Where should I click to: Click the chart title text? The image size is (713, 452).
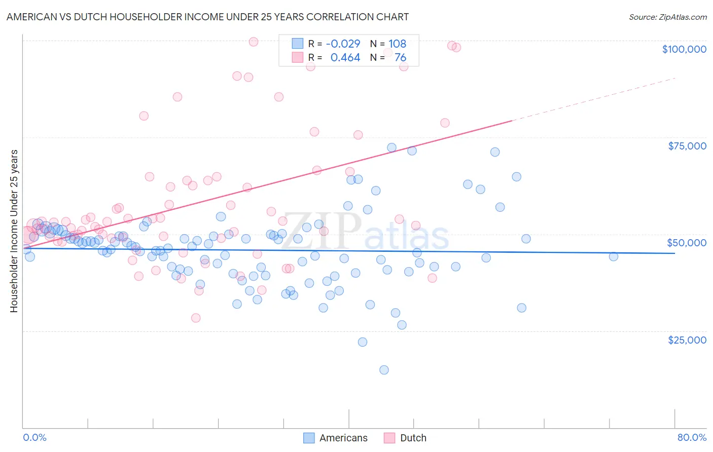coord(207,17)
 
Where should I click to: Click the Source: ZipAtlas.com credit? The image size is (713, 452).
coord(667,17)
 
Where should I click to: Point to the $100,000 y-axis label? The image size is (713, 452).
coord(684,49)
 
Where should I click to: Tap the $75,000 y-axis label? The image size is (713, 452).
coord(687,146)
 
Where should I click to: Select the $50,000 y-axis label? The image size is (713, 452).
coord(687,243)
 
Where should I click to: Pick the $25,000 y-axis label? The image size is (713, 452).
coord(687,340)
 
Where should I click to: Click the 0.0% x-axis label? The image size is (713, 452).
coord(34,437)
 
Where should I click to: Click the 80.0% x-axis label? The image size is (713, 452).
coord(692,437)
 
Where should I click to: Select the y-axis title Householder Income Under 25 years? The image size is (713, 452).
coord(14,231)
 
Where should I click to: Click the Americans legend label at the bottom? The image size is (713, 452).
coord(343,438)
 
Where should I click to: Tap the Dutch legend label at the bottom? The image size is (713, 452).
coord(413,438)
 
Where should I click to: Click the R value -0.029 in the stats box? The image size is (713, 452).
coord(343,44)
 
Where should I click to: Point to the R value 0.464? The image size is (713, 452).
coord(345,58)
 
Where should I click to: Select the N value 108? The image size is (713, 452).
coord(398,44)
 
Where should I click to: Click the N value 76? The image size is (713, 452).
coord(400,58)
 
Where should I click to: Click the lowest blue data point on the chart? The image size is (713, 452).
coord(384,370)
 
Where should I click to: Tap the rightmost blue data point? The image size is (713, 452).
coord(613,256)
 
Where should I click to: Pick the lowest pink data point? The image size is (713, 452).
coord(196,318)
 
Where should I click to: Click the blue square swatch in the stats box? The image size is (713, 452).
coord(297,44)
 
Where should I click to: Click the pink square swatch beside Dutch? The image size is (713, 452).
coord(389,438)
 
